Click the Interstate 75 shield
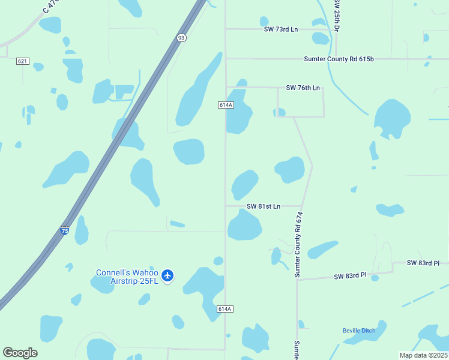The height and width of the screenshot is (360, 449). point(64,230)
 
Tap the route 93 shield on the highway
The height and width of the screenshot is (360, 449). point(181,37)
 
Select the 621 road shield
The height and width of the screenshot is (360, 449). point(23,61)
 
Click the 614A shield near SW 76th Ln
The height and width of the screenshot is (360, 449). point(226,105)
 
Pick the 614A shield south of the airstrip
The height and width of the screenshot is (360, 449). point(224,309)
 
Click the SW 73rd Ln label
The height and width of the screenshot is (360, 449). point(280,29)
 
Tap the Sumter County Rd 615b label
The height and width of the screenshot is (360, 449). point(339,59)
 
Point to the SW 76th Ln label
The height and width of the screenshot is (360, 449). point(303,88)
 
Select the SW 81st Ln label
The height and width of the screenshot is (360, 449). point(264,206)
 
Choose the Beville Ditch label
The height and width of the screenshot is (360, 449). point(359,331)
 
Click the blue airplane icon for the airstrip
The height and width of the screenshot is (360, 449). point(167,275)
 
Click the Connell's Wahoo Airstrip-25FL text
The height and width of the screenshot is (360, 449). point(127,277)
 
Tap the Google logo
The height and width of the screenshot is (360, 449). point(20,353)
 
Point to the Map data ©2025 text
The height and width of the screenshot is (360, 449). point(424,355)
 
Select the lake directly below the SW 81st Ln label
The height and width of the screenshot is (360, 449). point(244,227)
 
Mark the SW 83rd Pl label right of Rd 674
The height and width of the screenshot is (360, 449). point(350,276)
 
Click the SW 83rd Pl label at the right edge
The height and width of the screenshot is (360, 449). point(423,263)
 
